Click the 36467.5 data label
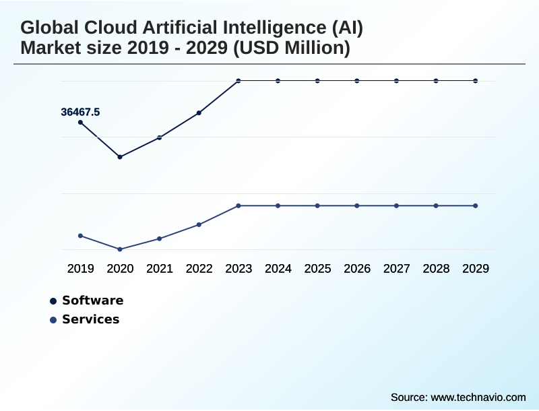tap(80, 112)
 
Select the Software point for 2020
tap(120, 157)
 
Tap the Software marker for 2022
tap(199, 113)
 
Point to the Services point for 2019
tap(80, 236)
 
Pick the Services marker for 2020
tap(120, 249)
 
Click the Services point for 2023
tap(239, 205)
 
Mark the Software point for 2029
tap(476, 81)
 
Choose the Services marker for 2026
tap(357, 205)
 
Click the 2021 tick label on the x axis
tap(160, 269)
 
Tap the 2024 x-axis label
tap(278, 269)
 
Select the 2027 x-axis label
tap(397, 269)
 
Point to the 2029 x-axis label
tap(476, 269)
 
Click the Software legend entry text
tap(93, 301)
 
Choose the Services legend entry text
tap(90, 319)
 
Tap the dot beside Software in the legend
tap(53, 301)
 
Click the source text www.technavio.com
tap(478, 397)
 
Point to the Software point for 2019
tap(80, 123)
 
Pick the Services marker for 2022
tap(199, 224)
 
